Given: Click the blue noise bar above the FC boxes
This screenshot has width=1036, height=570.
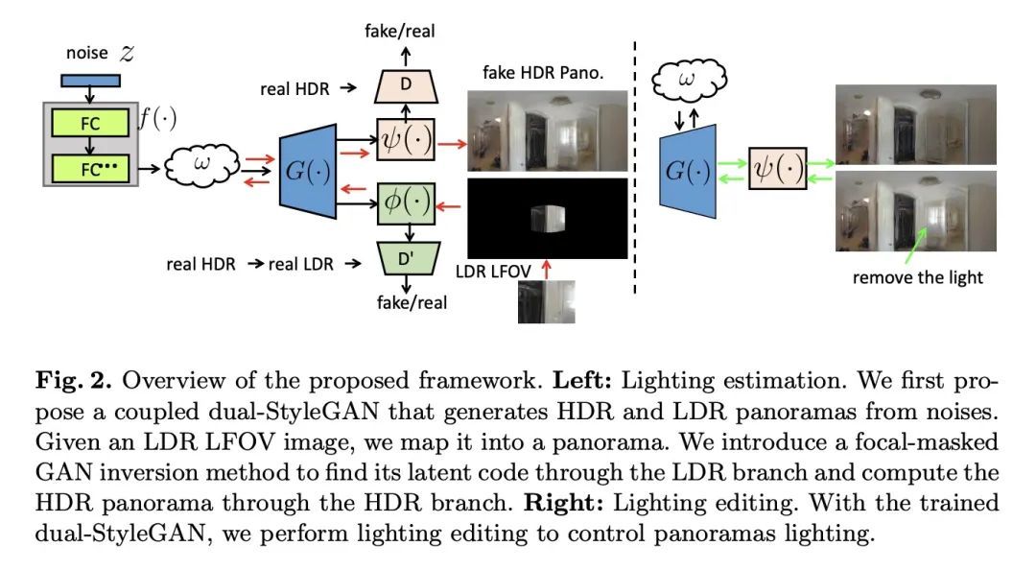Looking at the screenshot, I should pyautogui.click(x=90, y=80).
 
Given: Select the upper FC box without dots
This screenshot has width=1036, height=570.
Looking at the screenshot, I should pyautogui.click(x=90, y=123).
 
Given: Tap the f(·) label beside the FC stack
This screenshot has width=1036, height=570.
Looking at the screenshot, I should pyautogui.click(x=156, y=121).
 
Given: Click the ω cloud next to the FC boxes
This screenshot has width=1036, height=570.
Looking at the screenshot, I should pyautogui.click(x=200, y=164).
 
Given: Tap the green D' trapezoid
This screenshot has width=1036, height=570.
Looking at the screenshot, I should pyautogui.click(x=406, y=259).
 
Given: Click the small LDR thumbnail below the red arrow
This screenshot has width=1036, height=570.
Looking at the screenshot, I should pyautogui.click(x=546, y=301).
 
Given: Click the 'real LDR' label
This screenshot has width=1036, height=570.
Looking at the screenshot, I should pyautogui.click(x=300, y=264).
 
